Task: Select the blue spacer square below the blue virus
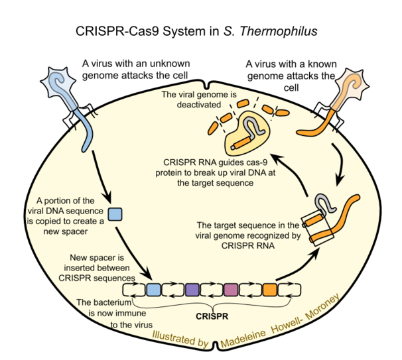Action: tap(115, 214)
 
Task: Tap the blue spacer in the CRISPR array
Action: tap(154, 290)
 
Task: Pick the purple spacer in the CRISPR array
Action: tap(192, 290)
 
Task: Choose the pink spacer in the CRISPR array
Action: tap(231, 290)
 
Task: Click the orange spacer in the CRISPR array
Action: tap(270, 290)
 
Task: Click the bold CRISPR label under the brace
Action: tap(212, 316)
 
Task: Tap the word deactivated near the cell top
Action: tap(199, 105)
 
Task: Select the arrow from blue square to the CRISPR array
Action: tap(133, 253)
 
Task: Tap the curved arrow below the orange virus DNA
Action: tap(340, 164)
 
